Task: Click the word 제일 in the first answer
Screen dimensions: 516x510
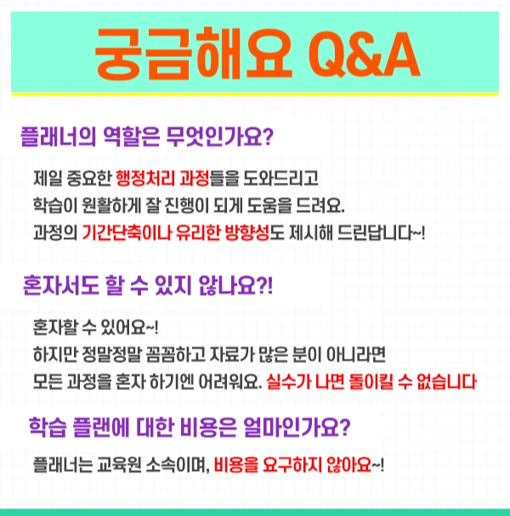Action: click(48, 179)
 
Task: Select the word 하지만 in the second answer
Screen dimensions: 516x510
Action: click(54, 353)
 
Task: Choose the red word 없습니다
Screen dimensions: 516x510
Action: click(448, 380)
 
